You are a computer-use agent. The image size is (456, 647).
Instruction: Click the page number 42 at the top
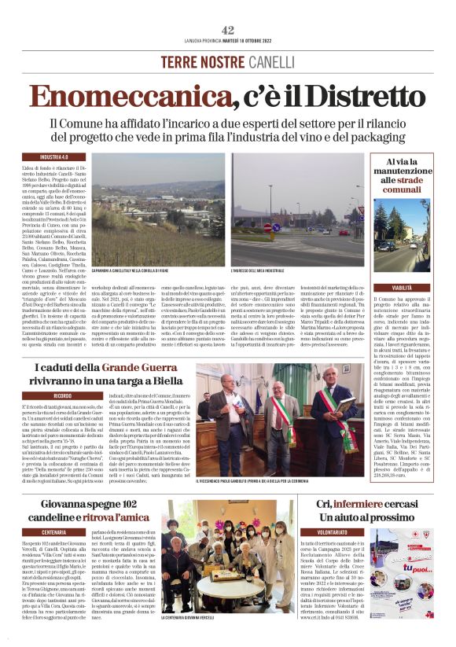click(228, 29)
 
